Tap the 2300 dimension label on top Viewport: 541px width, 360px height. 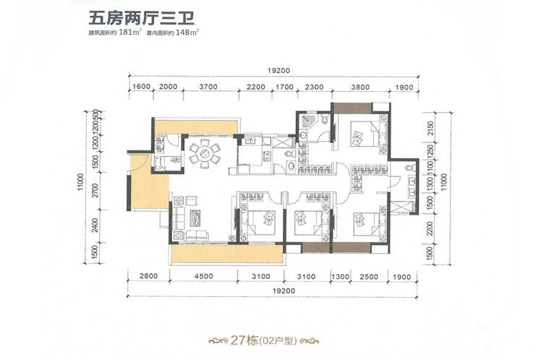[314, 87]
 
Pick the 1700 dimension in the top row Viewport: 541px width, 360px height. [284, 87]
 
